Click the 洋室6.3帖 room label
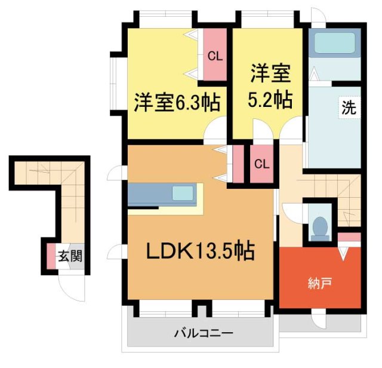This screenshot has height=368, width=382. (x=177, y=102)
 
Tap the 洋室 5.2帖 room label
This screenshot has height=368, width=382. (x=270, y=87)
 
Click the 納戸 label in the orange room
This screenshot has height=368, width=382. (x=321, y=283)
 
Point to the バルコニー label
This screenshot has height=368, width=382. (x=203, y=332)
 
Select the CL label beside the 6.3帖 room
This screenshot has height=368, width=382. (x=214, y=56)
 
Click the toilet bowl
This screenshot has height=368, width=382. (x=320, y=227)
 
